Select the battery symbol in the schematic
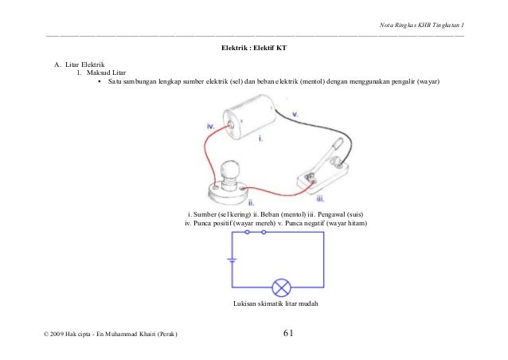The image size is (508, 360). pyautogui.click(x=231, y=260)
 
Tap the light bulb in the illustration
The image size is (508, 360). pyautogui.click(x=230, y=170)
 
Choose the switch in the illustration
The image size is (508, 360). pyautogui.click(x=322, y=169)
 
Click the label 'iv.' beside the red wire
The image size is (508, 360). pyautogui.click(x=210, y=126)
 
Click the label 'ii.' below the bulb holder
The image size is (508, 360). pyautogui.click(x=240, y=203)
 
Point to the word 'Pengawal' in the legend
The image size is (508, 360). pyautogui.click(x=325, y=215)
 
